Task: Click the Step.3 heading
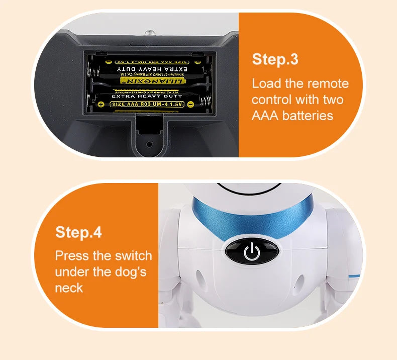[275, 59]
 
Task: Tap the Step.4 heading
[78, 232]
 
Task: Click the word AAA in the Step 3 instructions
[265, 116]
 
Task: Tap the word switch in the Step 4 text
[132, 255]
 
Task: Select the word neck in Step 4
[69, 288]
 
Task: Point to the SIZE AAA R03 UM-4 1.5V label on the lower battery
[147, 104]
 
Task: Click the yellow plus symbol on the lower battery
[100, 105]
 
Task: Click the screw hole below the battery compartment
[148, 143]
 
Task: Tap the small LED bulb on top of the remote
[149, 32]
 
